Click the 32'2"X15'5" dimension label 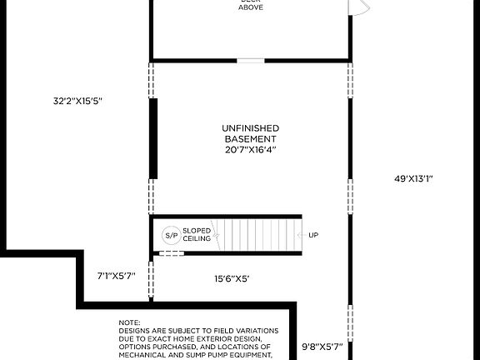[77, 101]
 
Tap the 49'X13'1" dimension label [413, 178]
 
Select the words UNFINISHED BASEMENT [250, 132]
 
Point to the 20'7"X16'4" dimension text [250, 150]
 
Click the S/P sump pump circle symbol [171, 235]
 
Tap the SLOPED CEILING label [197, 235]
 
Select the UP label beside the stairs [313, 235]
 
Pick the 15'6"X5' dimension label [232, 278]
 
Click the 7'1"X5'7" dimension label [116, 274]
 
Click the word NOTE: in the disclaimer [129, 322]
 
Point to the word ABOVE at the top [250, 7]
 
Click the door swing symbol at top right [357, 7]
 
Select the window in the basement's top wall [250, 60]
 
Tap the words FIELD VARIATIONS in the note [245, 330]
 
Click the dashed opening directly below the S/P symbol [171, 254]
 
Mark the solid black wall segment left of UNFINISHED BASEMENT [152, 127]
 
